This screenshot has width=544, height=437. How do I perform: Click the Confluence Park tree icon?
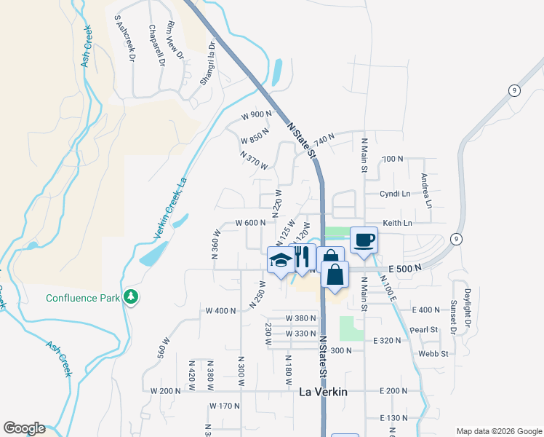click(x=131, y=297)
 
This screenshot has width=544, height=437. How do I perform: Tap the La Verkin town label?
click(x=324, y=392)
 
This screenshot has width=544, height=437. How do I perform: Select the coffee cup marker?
click(x=364, y=240)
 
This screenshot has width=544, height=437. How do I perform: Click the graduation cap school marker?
click(x=281, y=260)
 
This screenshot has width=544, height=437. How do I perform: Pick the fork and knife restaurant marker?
click(x=303, y=256)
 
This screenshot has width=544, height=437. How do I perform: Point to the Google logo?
click(x=24, y=428)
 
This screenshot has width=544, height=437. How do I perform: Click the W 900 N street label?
click(x=257, y=115)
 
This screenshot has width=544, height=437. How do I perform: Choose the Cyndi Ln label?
click(x=396, y=194)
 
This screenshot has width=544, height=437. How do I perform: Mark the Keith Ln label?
click(x=398, y=223)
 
